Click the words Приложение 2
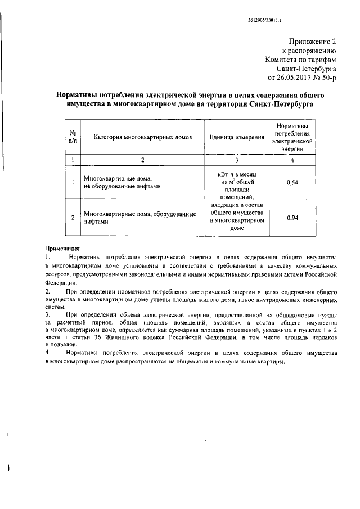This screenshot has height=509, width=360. pos(317,42)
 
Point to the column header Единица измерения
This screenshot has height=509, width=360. pos(237,137)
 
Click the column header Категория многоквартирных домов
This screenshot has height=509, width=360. pos(143,137)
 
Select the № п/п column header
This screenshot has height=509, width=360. pos(72,137)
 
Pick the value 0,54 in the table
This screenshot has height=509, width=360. pos(292,183)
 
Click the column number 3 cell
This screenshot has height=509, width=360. pos(237,160)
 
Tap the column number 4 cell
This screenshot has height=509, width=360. pos(292,160)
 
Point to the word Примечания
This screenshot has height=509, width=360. pos(63,248)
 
